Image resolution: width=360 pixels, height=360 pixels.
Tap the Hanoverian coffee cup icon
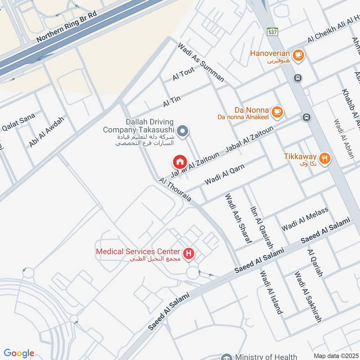coord(297,55)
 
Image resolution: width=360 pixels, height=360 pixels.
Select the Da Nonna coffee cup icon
coord(278,110)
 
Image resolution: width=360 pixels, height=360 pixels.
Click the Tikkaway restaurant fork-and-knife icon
coord(324,158)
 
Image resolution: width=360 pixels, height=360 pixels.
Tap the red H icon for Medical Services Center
coord(189,254)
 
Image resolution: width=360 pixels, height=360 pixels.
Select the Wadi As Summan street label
coord(201,63)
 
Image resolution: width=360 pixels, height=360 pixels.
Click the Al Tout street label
coord(183,74)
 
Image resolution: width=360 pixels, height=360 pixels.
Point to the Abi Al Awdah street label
coord(47,131)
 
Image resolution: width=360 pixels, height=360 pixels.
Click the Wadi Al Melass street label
coord(305,219)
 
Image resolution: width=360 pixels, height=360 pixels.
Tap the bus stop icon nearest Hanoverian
coord(297,78)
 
